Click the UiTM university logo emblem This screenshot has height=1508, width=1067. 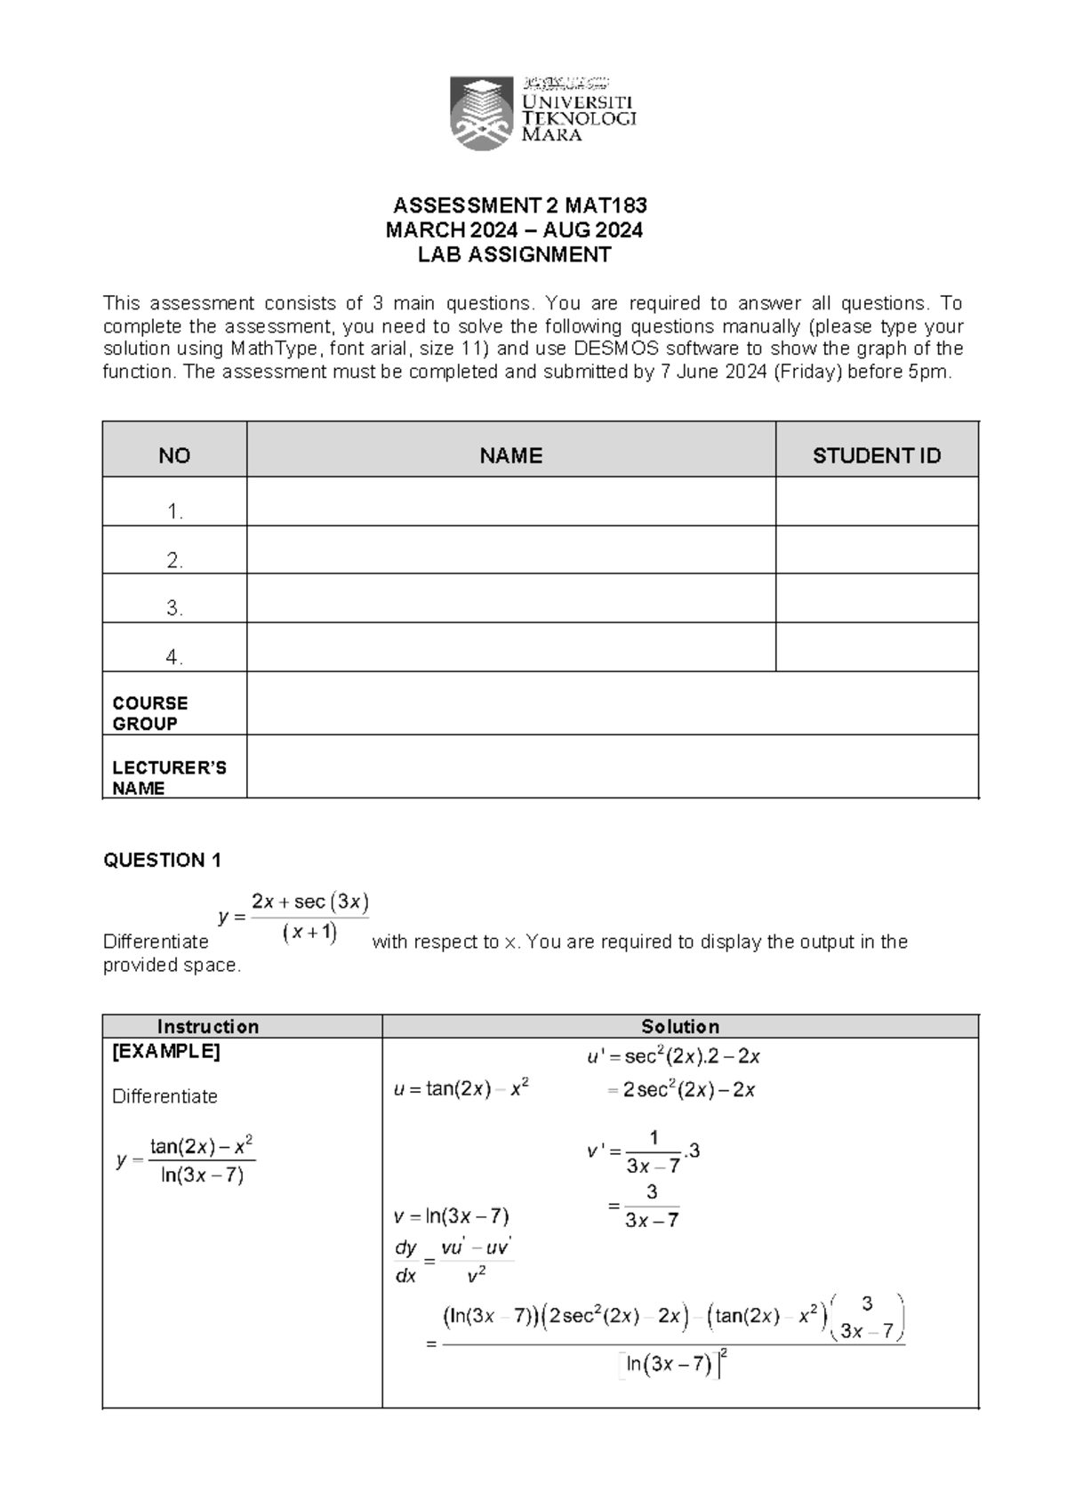tap(481, 112)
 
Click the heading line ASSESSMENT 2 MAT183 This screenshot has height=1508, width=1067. tap(520, 206)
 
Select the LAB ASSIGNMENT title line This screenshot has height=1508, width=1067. tap(515, 255)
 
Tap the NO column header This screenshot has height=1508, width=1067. tap(174, 456)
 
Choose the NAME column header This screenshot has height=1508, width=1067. tap(510, 456)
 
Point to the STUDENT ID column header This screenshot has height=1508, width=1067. tap(876, 456)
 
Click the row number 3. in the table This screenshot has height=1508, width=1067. tap(174, 608)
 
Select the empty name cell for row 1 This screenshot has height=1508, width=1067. tap(510, 502)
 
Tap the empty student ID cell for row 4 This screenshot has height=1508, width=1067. tap(876, 647)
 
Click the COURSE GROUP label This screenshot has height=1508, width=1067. tap(149, 713)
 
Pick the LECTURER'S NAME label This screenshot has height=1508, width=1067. tap(169, 777)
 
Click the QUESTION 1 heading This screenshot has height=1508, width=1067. tap(162, 860)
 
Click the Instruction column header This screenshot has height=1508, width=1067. tap(208, 1026)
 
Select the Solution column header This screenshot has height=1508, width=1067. tap(680, 1026)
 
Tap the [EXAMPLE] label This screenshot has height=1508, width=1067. tap(166, 1051)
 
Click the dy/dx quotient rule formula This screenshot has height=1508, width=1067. tap(453, 1262)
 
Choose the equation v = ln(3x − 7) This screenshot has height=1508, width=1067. tap(451, 1215)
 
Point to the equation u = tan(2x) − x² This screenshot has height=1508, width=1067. tap(461, 1089)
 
